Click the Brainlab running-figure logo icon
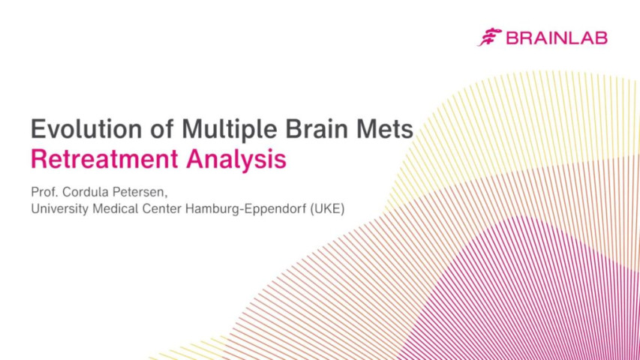click(490, 37)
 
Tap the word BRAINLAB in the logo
click(556, 37)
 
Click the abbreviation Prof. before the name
click(44, 190)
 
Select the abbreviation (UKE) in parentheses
click(327, 208)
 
